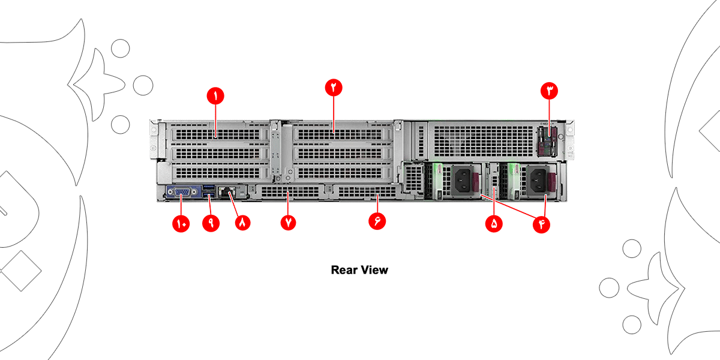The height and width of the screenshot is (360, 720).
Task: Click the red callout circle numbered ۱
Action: tap(214, 95)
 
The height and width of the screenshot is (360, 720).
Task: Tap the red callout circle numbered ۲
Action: tap(334, 87)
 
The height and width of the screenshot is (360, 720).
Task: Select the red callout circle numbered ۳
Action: tap(550, 91)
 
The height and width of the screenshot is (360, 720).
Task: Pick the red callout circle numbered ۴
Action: tap(543, 223)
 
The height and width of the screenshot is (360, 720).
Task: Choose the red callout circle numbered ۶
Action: tap(377, 220)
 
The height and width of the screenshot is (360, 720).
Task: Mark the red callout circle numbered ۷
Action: tap(289, 221)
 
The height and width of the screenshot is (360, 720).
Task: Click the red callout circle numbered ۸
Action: tap(242, 221)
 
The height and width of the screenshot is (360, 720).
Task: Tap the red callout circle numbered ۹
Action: tap(211, 221)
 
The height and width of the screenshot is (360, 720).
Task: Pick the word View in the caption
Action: tap(374, 270)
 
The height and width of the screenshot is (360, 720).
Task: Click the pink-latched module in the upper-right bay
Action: tap(548, 142)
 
